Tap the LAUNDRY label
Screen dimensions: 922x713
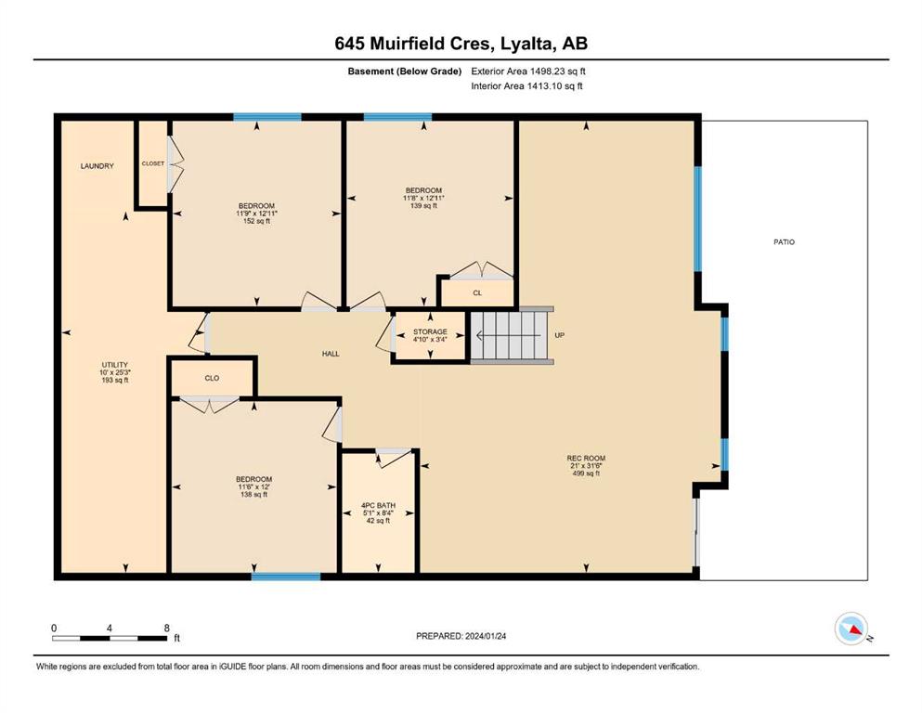97,166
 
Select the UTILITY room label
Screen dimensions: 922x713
114,365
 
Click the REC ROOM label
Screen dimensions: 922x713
586,458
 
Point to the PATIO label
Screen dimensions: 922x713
784,242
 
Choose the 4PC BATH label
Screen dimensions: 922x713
378,506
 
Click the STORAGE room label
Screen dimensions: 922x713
430,332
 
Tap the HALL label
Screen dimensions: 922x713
331,354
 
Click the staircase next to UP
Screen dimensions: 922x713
511,336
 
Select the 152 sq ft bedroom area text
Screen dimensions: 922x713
256,221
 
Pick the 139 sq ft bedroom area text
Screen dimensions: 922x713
423,206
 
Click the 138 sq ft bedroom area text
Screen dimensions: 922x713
254,494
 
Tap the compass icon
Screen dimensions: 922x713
851,629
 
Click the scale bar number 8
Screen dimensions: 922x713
167,628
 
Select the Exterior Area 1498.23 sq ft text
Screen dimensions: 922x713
528,71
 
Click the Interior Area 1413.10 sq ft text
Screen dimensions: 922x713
526,85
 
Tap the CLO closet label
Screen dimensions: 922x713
212,378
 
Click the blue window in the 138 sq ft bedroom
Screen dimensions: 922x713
286,577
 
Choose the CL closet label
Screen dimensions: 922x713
477,292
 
